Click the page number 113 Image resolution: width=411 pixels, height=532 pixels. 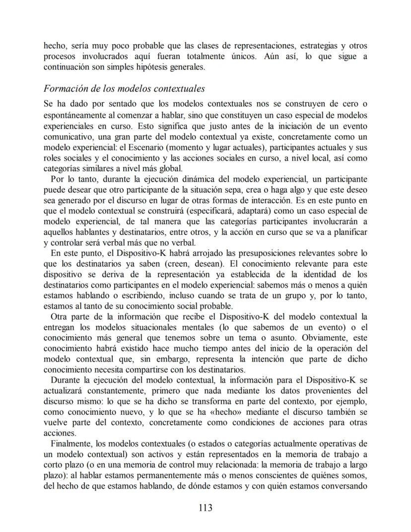click(205, 508)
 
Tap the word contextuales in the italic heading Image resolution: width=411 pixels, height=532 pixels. click(178, 89)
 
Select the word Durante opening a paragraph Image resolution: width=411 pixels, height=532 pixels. click(67, 381)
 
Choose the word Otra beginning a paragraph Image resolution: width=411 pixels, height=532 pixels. click(60, 316)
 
